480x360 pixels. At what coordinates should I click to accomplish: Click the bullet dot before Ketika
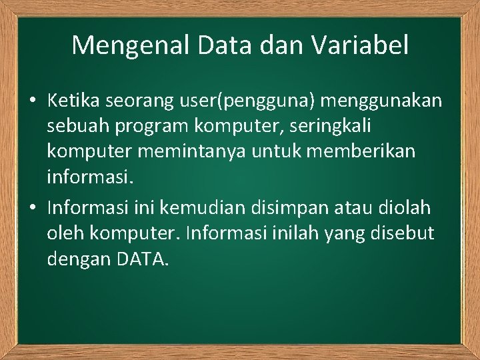(32, 101)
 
